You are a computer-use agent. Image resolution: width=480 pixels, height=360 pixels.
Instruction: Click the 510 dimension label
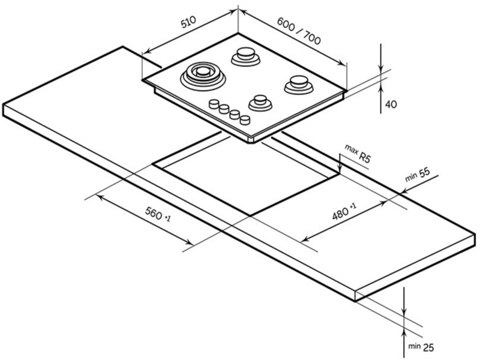(188, 22)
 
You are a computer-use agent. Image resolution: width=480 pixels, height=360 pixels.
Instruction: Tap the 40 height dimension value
(391, 104)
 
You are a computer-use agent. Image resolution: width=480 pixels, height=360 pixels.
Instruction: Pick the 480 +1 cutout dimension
(344, 212)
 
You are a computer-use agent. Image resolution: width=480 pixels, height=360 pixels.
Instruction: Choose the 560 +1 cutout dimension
(157, 214)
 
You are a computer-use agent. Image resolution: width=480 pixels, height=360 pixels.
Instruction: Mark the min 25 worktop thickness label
(421, 347)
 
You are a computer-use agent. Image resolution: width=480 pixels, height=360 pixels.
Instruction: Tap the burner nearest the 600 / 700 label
(246, 56)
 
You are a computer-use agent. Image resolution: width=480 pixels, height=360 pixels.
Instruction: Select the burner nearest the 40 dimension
(298, 85)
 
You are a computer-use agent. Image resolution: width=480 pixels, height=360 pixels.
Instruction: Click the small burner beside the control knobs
(260, 103)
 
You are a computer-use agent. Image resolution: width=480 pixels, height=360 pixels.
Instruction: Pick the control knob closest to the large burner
(214, 104)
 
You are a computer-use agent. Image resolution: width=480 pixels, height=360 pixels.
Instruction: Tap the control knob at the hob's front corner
(245, 119)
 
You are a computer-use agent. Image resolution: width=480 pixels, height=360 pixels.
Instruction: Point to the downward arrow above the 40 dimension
(380, 59)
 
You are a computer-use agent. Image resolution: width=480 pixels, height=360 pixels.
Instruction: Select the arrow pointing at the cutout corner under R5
(340, 164)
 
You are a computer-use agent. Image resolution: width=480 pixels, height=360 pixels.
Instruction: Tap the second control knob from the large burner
(224, 109)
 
